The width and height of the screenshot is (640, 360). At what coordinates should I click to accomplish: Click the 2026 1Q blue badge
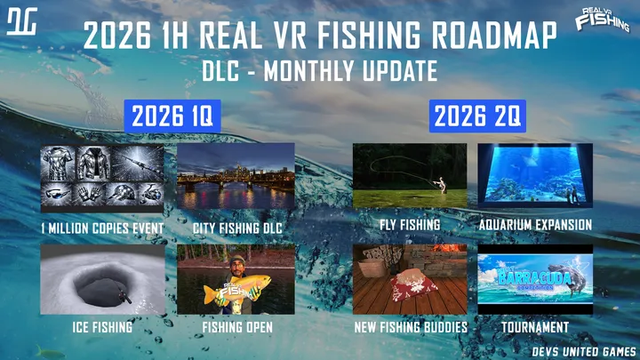pos(172,116)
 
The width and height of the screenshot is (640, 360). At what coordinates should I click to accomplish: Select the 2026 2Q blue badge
pos(477,116)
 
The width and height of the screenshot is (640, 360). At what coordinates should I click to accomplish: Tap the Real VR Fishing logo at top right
pos(603,20)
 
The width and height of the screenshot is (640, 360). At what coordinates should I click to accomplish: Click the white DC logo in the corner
pos(22,21)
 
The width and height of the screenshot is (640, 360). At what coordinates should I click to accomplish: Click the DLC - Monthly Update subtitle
pos(320,70)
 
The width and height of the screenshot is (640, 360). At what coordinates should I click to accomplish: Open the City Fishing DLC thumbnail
pos(236,176)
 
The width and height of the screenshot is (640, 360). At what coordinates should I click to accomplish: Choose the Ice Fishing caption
pos(102,327)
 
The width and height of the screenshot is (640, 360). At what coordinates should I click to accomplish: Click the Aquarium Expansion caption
pos(535,225)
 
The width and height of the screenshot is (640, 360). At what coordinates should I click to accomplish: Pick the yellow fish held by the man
pos(237,289)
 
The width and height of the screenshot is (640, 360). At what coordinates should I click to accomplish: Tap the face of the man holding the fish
pos(237,268)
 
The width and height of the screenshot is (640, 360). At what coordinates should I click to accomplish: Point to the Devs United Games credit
pos(584,351)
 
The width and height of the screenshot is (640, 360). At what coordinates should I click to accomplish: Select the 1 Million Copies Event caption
pos(102,228)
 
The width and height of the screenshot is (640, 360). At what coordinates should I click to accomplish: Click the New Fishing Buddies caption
pos(411,327)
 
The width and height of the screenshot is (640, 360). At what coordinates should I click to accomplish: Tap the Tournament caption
pos(535,327)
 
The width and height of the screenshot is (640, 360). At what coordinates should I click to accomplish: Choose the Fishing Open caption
pos(237,327)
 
